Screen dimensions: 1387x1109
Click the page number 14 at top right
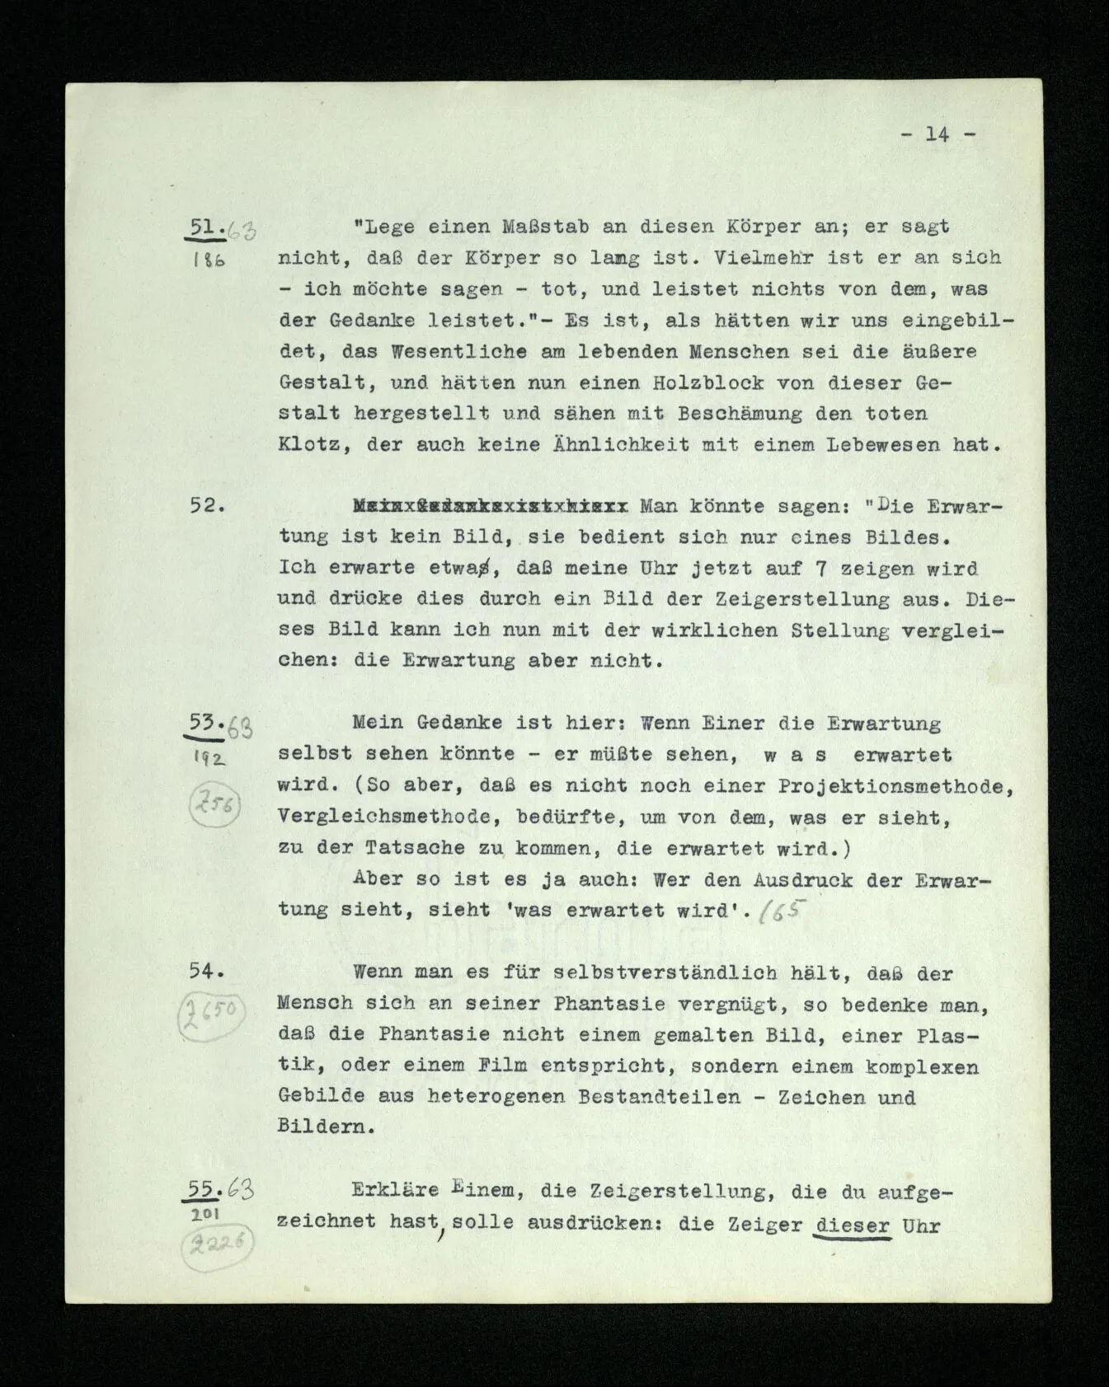click(x=937, y=134)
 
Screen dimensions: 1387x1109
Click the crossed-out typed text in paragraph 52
click(x=491, y=506)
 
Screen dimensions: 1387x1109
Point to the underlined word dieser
click(x=853, y=1225)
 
